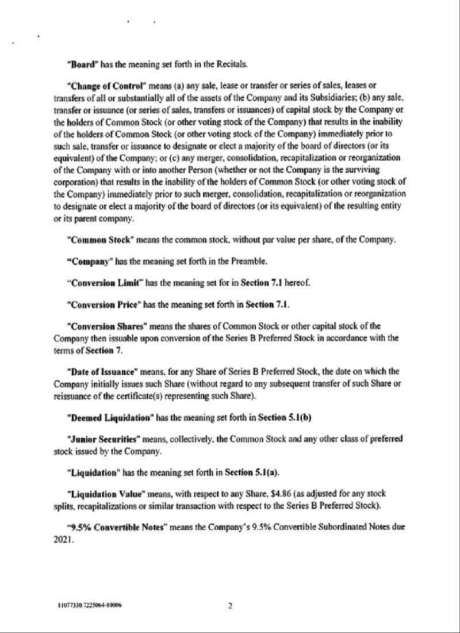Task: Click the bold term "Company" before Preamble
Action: pyautogui.click(x=89, y=260)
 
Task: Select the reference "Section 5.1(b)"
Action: pyautogui.click(x=289, y=413)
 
